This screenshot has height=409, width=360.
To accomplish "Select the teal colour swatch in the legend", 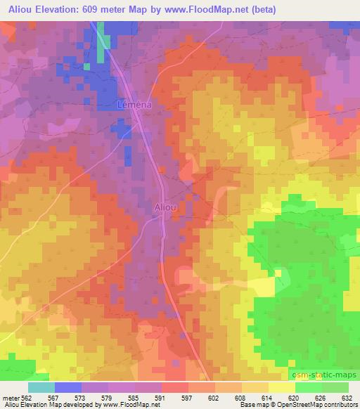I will (41, 387).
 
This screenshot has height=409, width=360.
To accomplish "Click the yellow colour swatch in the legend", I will (281, 387).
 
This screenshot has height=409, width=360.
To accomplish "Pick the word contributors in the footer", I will (341, 405).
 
